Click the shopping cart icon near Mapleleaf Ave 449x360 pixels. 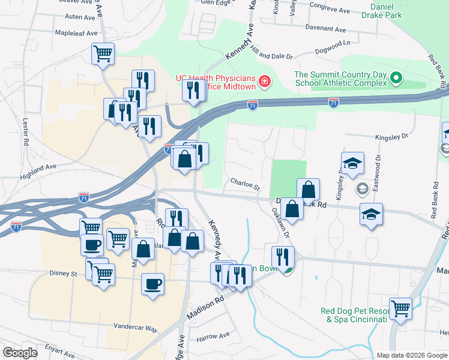(x=103, y=53)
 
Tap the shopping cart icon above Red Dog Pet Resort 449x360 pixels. (x=400, y=309)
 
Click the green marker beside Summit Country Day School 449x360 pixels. (x=396, y=78)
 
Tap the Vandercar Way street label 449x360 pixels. (x=135, y=329)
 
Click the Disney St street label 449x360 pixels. (x=67, y=274)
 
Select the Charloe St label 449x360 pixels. (x=244, y=182)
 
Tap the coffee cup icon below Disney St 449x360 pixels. (x=152, y=283)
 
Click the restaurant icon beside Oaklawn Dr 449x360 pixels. (x=283, y=257)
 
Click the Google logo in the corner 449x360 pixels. (x=20, y=353)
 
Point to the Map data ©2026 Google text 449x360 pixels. (x=411, y=355)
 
